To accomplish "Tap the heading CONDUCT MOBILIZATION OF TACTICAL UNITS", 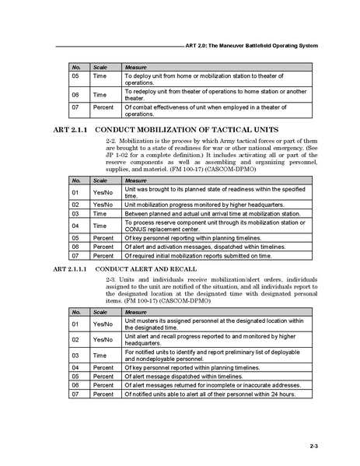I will pyautogui.click(x=186, y=128).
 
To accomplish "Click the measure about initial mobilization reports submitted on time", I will pyautogui.click(x=199, y=254).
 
